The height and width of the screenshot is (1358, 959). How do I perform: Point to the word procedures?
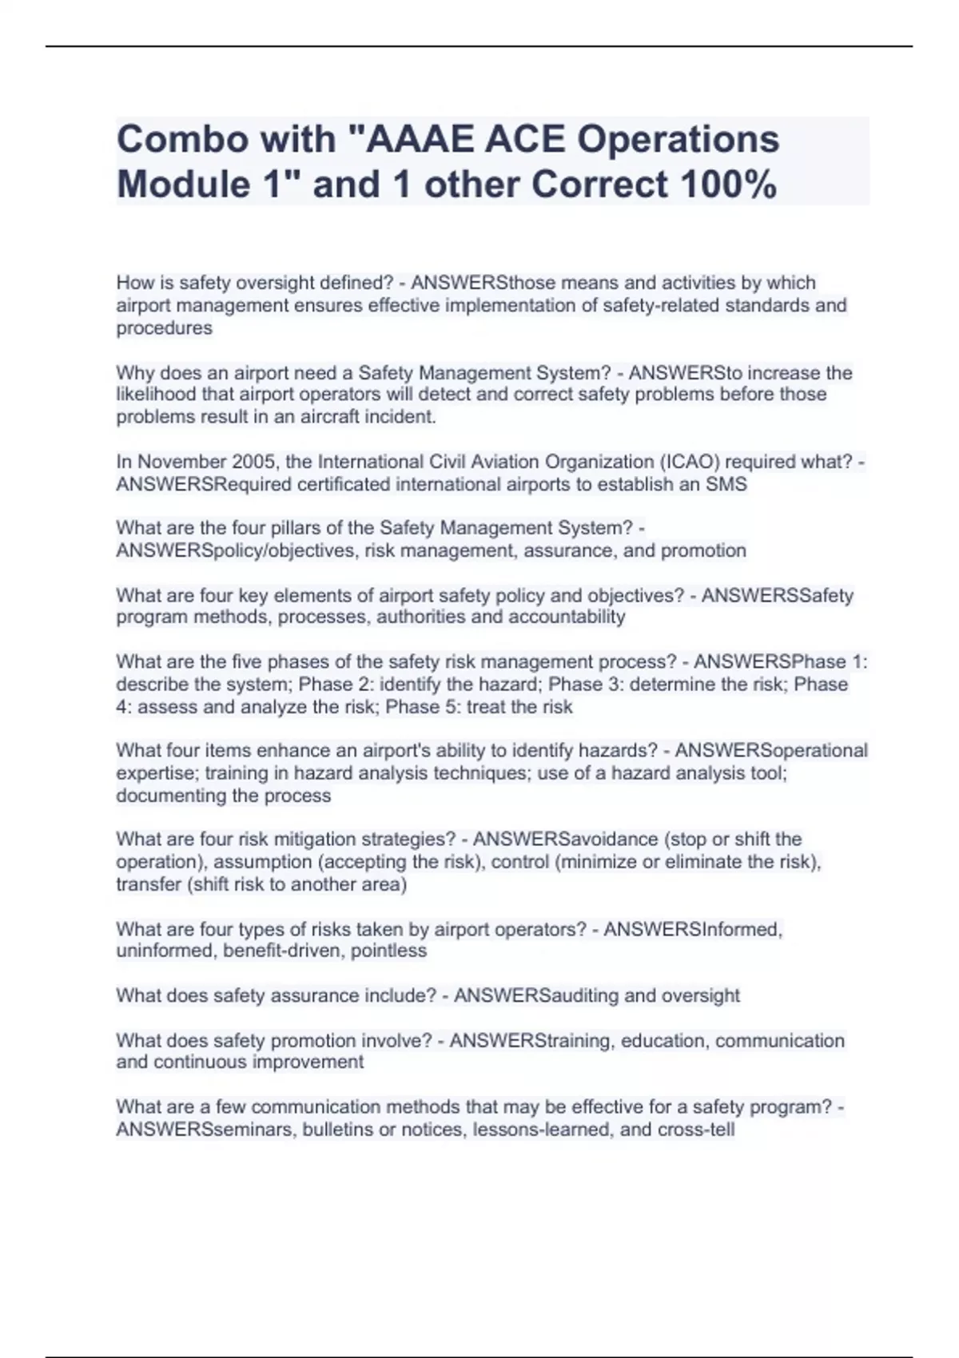164,328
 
